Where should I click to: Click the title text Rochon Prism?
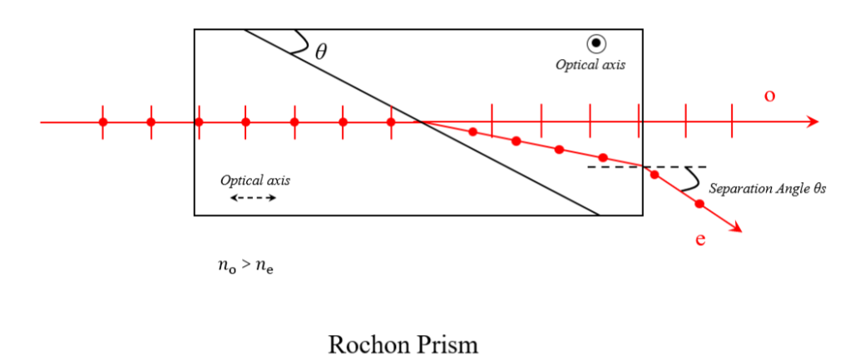(x=403, y=343)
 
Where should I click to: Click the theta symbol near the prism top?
(x=321, y=51)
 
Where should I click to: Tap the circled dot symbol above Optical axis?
(x=595, y=44)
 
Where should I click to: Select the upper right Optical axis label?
(x=589, y=63)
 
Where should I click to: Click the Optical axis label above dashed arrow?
(x=255, y=180)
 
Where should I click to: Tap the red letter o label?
(x=769, y=96)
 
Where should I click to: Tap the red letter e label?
(x=700, y=241)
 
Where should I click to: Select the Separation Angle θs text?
(x=766, y=190)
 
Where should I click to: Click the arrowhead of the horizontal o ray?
(x=813, y=122)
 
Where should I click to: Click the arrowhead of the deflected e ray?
(x=735, y=229)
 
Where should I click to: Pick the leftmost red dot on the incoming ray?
(x=103, y=122)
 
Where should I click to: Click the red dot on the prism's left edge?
(x=198, y=122)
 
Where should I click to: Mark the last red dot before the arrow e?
(x=699, y=203)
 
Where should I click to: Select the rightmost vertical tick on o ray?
(x=732, y=122)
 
